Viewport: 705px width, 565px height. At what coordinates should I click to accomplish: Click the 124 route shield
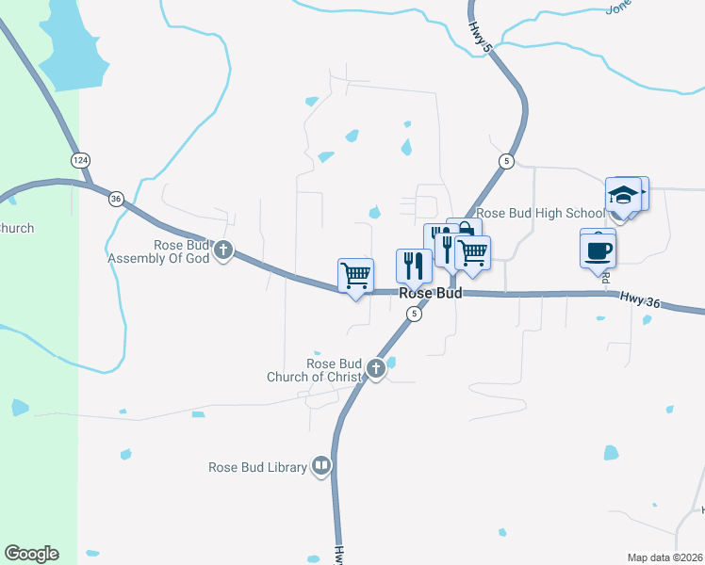[82, 160]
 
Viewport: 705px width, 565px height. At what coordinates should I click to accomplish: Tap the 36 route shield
[116, 198]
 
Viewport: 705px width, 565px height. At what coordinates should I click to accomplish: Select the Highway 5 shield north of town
[506, 161]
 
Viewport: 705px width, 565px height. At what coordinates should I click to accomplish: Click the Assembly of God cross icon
[223, 250]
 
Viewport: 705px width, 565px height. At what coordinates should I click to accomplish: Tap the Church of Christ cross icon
[376, 368]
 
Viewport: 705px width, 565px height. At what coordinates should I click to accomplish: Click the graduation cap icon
[623, 195]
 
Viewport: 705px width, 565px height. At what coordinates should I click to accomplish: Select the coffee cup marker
[598, 251]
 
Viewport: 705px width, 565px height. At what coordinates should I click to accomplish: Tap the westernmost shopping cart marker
[355, 276]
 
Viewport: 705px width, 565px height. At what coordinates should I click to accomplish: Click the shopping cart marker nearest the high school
[471, 252]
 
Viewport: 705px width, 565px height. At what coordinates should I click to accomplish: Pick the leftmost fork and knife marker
[413, 266]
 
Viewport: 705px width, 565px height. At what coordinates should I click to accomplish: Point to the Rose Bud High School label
[541, 214]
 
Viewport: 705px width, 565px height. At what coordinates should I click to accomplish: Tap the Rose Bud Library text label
[257, 467]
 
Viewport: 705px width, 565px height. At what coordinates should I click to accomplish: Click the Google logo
[31, 554]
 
